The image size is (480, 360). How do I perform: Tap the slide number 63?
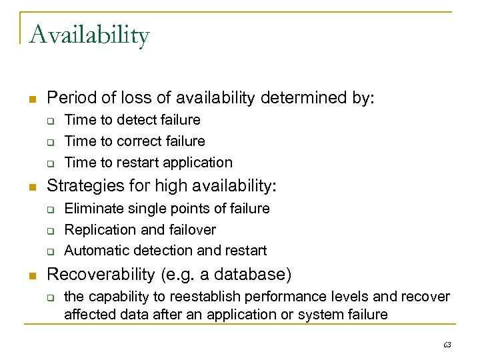pos(447,345)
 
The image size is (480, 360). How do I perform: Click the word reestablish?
pos(197,296)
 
